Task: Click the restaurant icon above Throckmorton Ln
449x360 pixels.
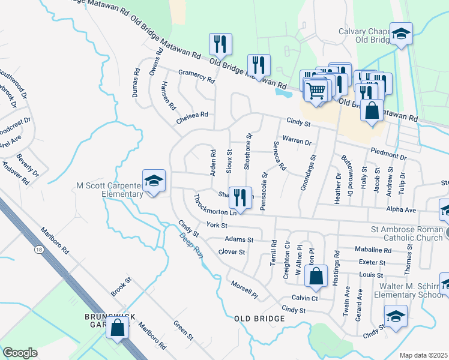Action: tap(240, 197)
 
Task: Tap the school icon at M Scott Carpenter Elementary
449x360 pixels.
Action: tap(154, 181)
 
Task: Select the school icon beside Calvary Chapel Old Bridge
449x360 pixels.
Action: tap(401, 34)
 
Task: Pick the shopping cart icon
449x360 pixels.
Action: tap(316, 91)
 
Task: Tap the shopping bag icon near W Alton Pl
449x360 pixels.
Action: tap(316, 277)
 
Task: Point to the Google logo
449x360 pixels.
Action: tap(20, 352)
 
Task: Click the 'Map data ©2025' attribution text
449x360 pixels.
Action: tap(423, 355)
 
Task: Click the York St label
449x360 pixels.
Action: tap(217, 225)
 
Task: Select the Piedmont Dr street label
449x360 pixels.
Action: tap(388, 154)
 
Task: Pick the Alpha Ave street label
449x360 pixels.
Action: tap(401, 211)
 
